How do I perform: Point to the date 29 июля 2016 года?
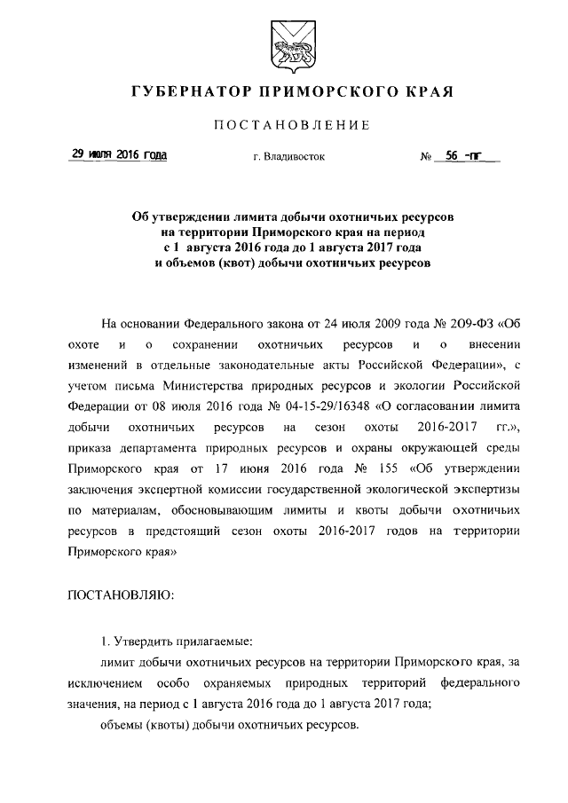coord(119,155)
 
